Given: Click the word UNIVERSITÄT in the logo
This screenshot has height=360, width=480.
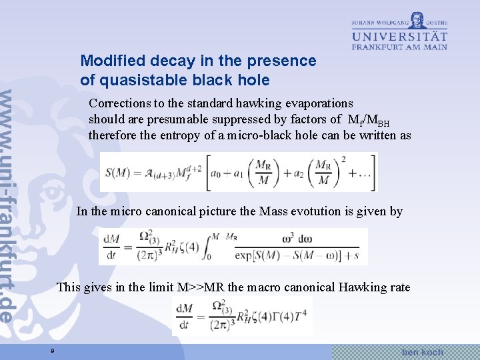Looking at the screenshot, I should click(399, 35).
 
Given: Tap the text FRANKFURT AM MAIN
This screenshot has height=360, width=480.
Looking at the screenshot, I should click(399, 47).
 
